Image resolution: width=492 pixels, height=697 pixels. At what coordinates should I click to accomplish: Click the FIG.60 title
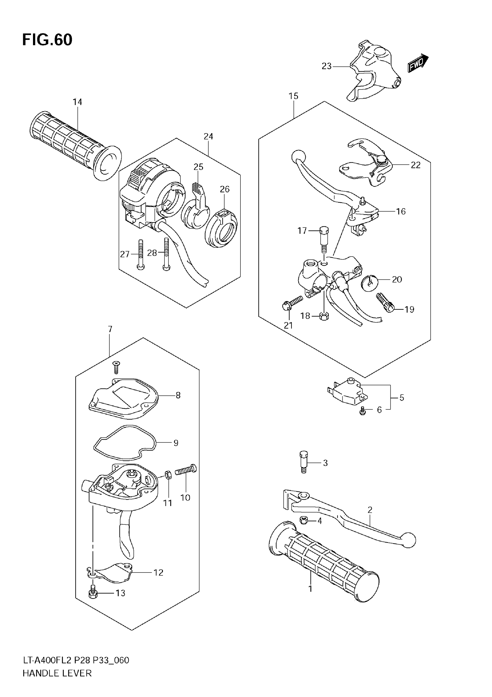coord(47,40)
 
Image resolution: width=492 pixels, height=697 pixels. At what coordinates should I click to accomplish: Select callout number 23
coord(326,66)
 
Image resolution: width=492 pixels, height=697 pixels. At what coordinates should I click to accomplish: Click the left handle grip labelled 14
coord(70,143)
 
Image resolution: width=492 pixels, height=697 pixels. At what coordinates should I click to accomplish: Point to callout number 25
coord(198,167)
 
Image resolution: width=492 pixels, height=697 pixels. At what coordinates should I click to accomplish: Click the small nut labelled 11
coord(169,475)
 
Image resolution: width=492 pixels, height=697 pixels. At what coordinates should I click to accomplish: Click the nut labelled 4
coord(304,521)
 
